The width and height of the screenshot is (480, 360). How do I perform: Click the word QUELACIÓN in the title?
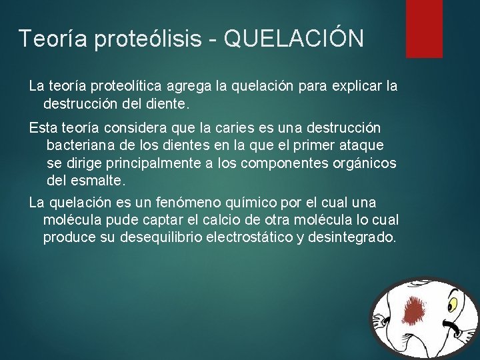(294, 39)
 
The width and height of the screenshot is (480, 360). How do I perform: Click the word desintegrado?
(353, 238)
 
